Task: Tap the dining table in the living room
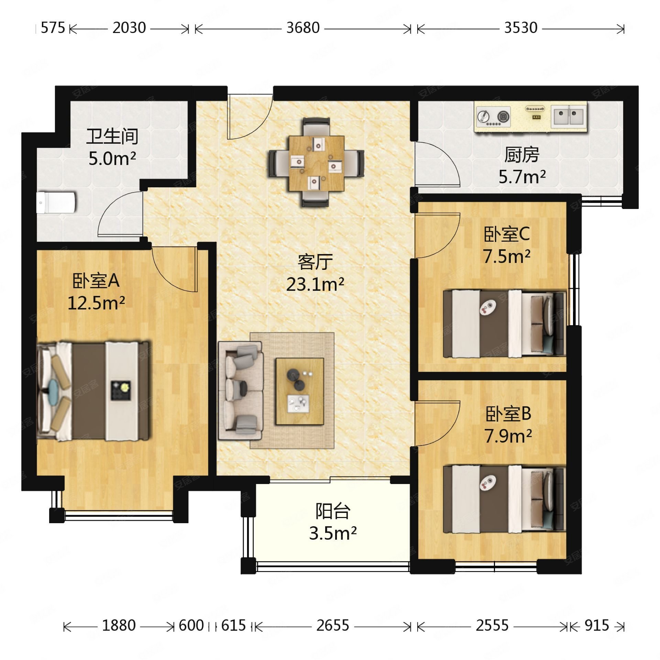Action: point(317,163)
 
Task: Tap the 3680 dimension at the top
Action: point(303,28)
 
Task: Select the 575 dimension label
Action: point(53,28)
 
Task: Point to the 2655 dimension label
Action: point(332,625)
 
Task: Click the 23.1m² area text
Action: point(315,285)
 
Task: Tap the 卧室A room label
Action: point(96,281)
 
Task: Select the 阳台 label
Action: point(332,511)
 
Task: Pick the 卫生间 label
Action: point(112,136)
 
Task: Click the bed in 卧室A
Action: point(93,391)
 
